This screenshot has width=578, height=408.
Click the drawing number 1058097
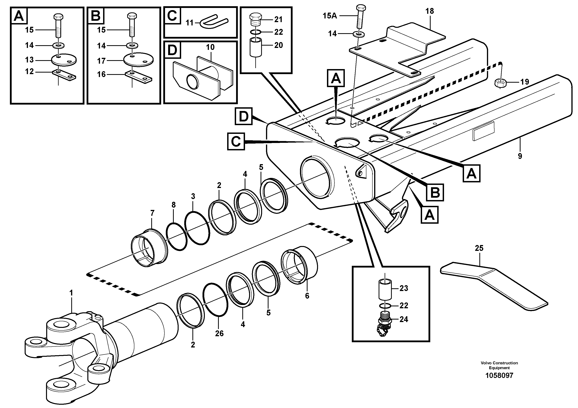coord(499,376)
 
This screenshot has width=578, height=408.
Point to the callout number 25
coord(479,248)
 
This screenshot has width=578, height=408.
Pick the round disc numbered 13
coord(64,60)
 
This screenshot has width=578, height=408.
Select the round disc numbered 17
coord(138,60)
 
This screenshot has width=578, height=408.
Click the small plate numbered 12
coord(64,75)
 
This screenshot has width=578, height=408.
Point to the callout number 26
coord(219,333)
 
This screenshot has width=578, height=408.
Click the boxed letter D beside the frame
coord(243,116)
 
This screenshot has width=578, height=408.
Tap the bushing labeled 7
coord(150,248)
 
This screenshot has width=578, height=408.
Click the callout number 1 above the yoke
coord(71,293)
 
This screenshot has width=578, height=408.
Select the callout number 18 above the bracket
coord(430,11)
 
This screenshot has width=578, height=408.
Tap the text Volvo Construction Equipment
coord(499,365)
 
